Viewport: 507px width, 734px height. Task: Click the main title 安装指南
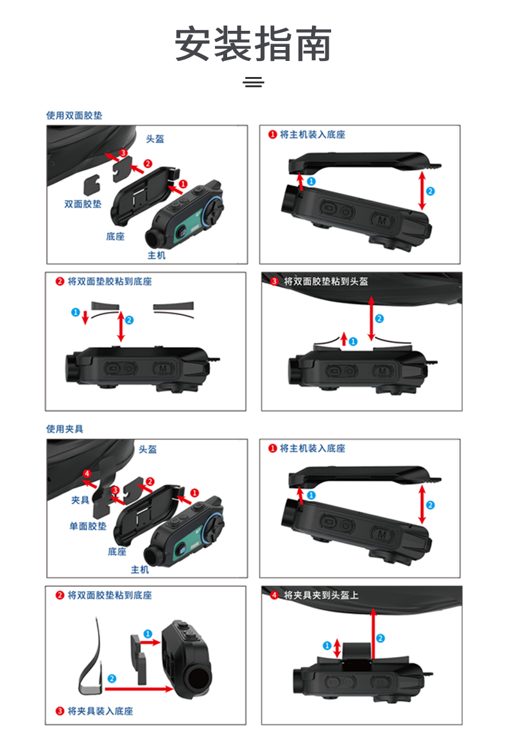[x=253, y=44]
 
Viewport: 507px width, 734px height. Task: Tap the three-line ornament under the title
[x=253, y=82]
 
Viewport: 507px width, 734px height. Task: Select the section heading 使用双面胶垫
[x=74, y=115]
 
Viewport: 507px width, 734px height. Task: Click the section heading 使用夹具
[x=65, y=429]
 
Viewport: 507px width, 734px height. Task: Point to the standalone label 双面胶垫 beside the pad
[x=83, y=203]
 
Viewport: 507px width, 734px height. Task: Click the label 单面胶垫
[x=88, y=526]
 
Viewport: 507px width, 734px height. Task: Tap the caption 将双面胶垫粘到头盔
[x=326, y=281]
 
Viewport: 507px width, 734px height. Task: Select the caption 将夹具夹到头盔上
[x=322, y=595]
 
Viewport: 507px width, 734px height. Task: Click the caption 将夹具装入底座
[x=100, y=711]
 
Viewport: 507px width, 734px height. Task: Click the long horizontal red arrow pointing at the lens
[x=139, y=688]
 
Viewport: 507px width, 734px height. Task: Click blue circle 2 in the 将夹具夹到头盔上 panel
[x=381, y=638]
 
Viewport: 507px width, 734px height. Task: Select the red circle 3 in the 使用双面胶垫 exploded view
[x=123, y=153]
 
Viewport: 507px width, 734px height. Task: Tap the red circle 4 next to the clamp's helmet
[x=87, y=474]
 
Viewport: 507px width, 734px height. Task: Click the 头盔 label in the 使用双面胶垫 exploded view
[x=155, y=139]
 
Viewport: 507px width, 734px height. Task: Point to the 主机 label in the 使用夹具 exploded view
[x=140, y=569]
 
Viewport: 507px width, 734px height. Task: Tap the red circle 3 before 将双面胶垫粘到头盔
[x=275, y=281]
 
